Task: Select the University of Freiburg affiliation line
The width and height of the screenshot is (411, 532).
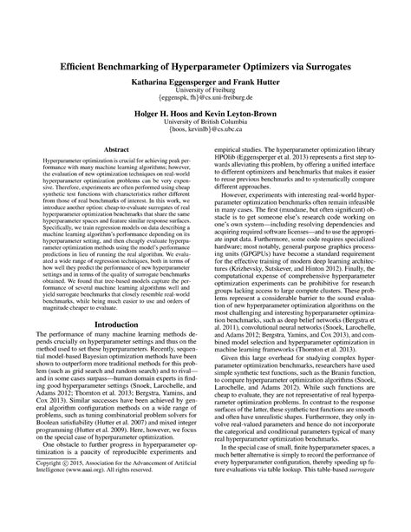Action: (205, 90)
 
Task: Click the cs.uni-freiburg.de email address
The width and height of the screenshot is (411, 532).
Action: (205, 99)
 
